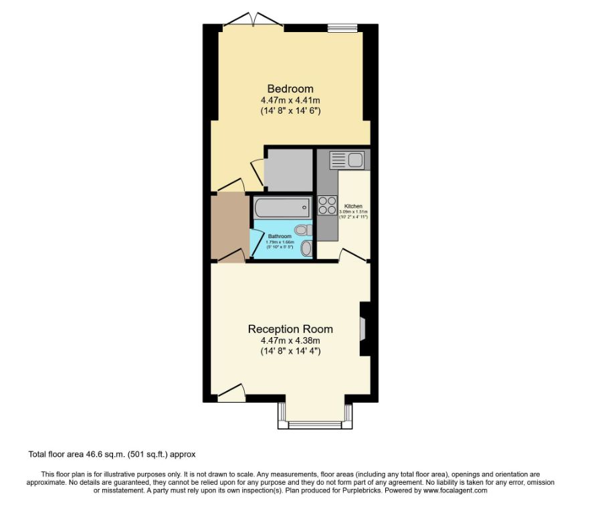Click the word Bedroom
(x=290, y=89)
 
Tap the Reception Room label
(x=290, y=329)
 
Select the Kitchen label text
(x=353, y=206)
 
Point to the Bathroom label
(x=280, y=236)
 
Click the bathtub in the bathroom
(x=282, y=208)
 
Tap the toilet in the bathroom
(x=304, y=230)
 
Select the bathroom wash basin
(x=306, y=249)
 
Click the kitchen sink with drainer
(x=346, y=160)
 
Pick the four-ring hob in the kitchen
(x=327, y=205)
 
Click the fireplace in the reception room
(x=363, y=328)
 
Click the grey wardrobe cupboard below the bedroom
(x=289, y=170)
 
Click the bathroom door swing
(x=257, y=242)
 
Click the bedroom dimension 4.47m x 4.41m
(x=290, y=100)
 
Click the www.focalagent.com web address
(x=455, y=490)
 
